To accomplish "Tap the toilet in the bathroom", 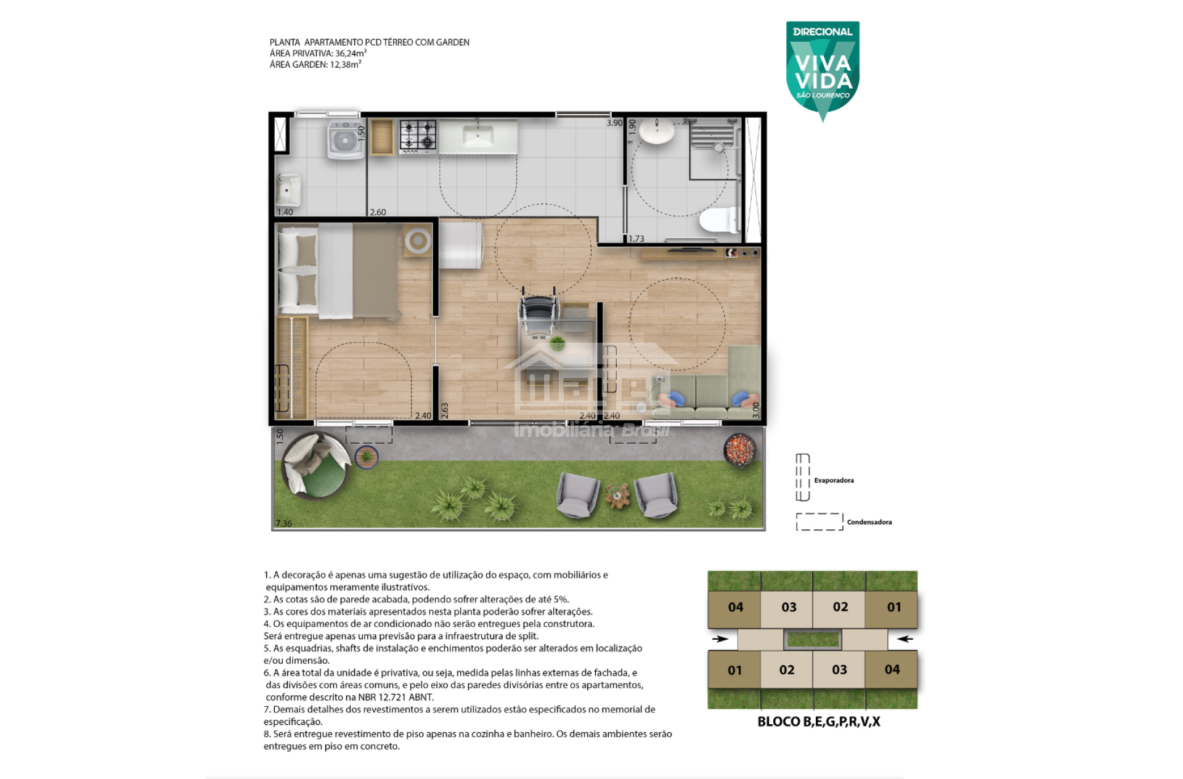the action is tap(719, 220).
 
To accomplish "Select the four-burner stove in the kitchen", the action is tap(418, 136).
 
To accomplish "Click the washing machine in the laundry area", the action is tap(346, 139).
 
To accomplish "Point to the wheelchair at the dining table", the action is tap(538, 312).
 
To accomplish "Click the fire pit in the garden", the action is tap(740, 449).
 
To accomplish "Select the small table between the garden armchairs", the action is tap(617, 495).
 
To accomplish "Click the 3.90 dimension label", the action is tap(614, 123).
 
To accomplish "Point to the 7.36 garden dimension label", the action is tap(284, 523).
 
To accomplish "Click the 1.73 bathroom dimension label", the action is tap(636, 239).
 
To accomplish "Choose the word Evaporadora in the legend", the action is tap(834, 480).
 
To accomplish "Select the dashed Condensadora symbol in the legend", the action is tap(819, 521).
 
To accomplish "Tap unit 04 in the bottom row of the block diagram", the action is tap(892, 670).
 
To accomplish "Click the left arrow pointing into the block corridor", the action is tap(720, 638).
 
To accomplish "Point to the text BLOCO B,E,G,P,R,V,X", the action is tap(819, 722).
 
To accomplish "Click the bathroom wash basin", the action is tap(657, 131).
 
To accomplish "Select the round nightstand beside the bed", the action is tap(418, 241).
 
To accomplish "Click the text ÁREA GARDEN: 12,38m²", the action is tap(315, 64).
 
